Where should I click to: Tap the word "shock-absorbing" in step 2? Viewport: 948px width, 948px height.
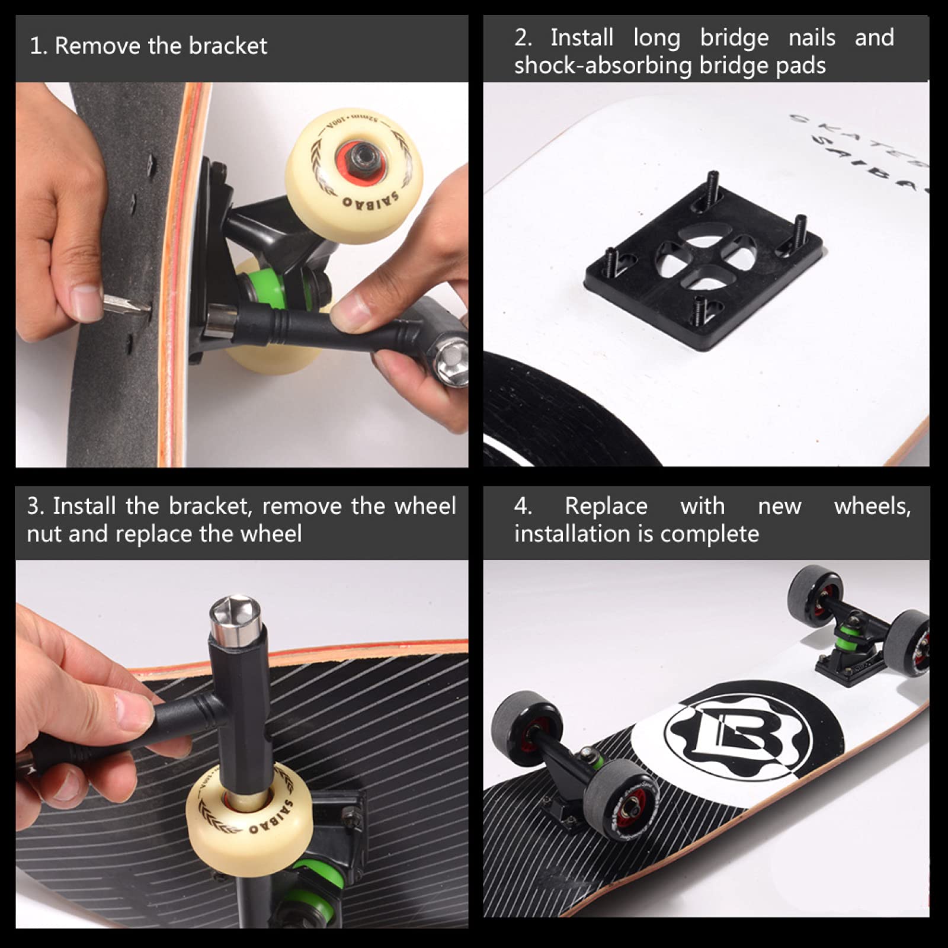(x=603, y=66)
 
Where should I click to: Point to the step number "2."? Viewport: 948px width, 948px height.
(x=523, y=38)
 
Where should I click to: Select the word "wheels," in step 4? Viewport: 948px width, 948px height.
(x=872, y=507)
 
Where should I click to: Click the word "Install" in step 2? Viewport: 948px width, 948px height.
(x=581, y=38)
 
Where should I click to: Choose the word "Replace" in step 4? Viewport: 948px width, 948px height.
(x=606, y=507)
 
